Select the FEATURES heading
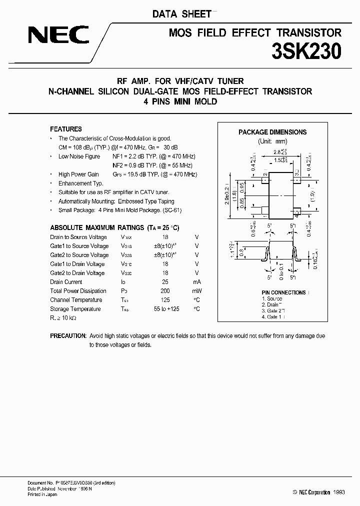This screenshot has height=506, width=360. pos(66,129)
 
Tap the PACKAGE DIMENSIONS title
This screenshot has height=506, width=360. pos(272,132)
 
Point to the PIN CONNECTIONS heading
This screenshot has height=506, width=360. pos(283,292)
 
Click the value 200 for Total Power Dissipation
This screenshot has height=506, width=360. pos(165,291)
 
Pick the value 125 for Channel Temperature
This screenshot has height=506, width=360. pos(165,300)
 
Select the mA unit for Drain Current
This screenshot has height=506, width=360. pos(197,282)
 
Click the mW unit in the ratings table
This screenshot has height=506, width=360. pos(197,291)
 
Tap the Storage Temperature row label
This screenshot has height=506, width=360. pos(75,309)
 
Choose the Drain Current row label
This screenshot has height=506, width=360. pos(66,282)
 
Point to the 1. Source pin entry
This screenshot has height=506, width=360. pos(271,298)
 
